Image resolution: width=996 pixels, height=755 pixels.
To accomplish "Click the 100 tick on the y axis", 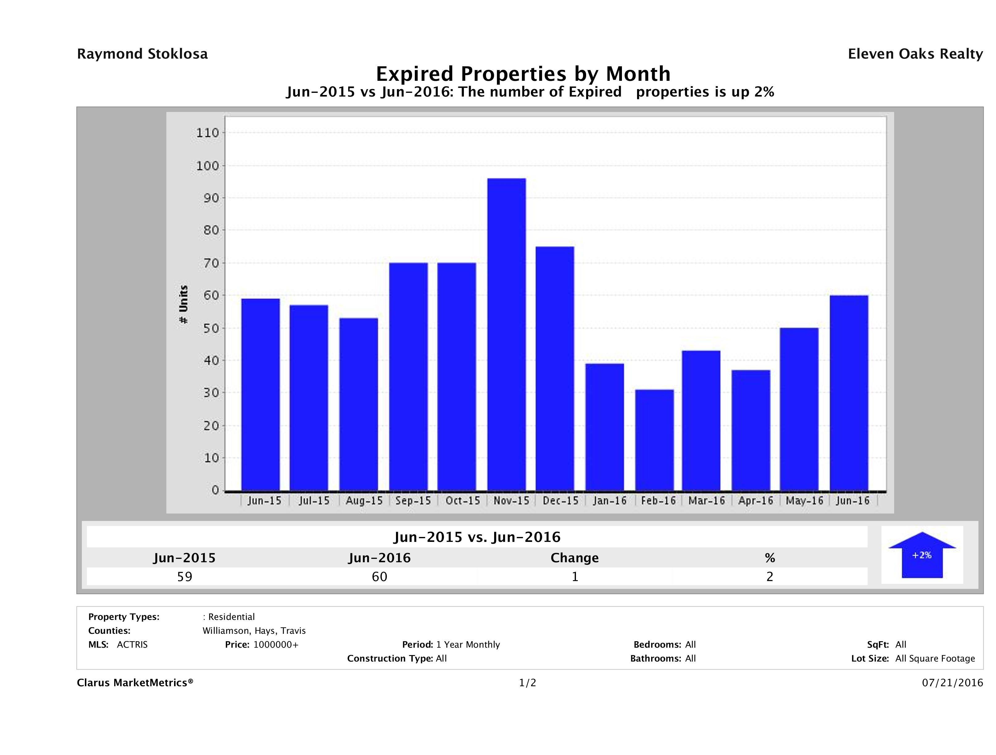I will click(207, 166).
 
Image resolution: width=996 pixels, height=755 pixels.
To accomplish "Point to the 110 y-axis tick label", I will click(207, 133).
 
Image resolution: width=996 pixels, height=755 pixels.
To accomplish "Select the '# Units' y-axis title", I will click(183, 305).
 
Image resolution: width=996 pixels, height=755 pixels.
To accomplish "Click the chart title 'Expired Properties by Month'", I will click(523, 74).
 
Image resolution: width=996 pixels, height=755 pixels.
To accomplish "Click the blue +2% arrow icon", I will click(922, 555).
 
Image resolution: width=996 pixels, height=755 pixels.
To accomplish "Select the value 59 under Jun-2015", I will click(185, 576).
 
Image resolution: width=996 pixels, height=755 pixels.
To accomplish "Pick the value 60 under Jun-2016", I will click(380, 576).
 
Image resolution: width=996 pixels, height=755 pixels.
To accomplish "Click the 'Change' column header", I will click(575, 558).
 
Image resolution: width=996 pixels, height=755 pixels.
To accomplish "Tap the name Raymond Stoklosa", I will click(142, 54).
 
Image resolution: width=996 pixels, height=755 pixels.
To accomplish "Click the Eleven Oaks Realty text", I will click(915, 54).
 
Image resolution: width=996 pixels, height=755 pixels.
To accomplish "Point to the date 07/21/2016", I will click(952, 683).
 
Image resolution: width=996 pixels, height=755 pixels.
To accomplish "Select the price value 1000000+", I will click(276, 644).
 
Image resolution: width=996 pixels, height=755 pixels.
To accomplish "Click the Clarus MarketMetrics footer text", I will click(135, 683).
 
